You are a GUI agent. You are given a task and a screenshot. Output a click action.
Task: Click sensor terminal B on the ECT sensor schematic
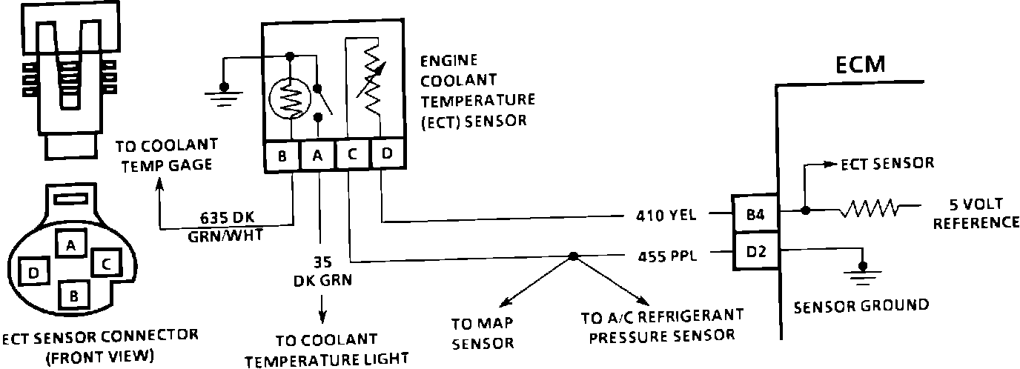[x=282, y=156]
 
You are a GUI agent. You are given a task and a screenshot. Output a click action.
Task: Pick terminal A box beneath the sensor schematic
[x=317, y=156]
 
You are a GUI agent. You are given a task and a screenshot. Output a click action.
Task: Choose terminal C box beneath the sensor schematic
[x=352, y=156]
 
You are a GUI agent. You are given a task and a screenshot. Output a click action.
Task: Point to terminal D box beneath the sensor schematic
[x=386, y=156]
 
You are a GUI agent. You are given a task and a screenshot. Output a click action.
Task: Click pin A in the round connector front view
[x=70, y=245]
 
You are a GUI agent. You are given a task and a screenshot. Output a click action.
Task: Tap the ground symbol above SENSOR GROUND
[x=861, y=276]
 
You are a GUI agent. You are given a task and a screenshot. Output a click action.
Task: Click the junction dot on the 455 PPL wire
[x=572, y=257]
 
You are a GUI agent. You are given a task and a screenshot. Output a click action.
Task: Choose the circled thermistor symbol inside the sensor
[x=290, y=96]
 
